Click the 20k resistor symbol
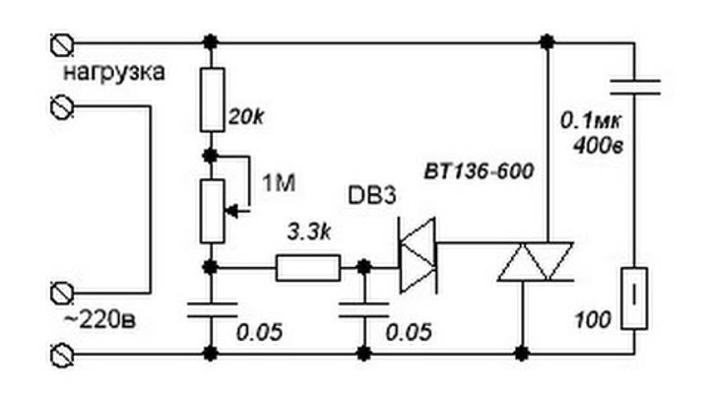click(x=212, y=100)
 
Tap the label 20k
click(x=246, y=117)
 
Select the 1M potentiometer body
click(x=212, y=211)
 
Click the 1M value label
click(x=279, y=183)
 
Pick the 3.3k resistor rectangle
click(x=308, y=268)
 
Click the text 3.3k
click(x=309, y=233)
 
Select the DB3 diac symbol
click(x=418, y=255)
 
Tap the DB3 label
click(x=372, y=195)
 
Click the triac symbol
click(x=536, y=262)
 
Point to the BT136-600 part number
click(x=479, y=171)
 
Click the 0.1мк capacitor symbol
click(x=634, y=88)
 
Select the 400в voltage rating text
click(x=599, y=146)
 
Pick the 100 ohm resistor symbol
click(x=634, y=299)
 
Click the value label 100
click(x=593, y=320)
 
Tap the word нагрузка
click(x=114, y=72)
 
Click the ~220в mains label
click(x=99, y=320)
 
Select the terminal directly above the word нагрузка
click(x=61, y=44)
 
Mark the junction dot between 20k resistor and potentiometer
click(x=211, y=156)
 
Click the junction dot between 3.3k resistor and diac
click(x=364, y=267)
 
